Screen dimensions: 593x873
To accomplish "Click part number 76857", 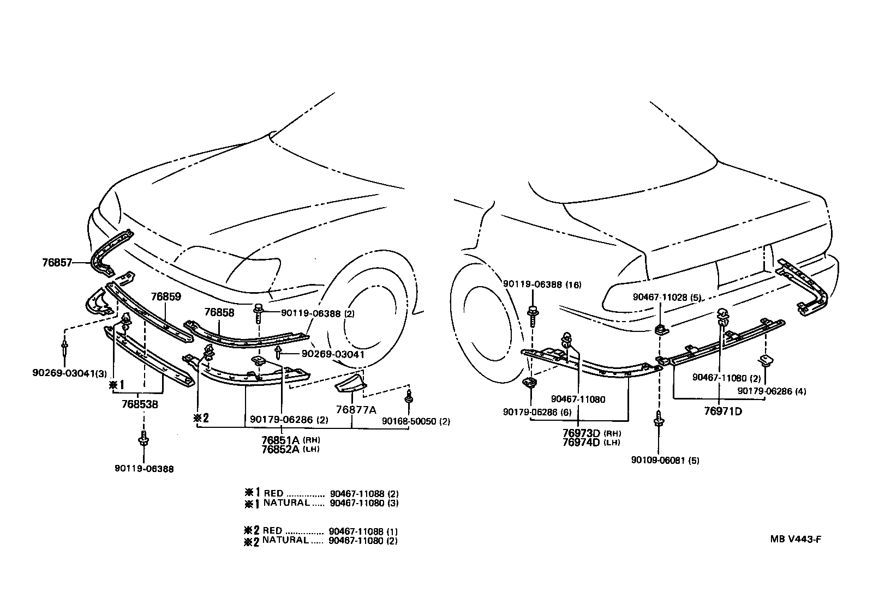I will (57, 262).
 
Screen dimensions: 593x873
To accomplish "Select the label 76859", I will (166, 296).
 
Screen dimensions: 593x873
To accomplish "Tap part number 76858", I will (219, 312).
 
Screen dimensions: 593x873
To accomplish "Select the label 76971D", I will (723, 411).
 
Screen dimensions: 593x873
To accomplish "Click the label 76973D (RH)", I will (591, 433).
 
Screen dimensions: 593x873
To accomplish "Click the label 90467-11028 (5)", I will (667, 297).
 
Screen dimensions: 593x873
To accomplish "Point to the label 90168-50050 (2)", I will (416, 421).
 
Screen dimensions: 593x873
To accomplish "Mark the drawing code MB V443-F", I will (796, 540).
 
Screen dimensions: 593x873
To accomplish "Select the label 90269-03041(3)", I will (69, 373).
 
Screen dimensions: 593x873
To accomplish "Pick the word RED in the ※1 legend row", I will (273, 493).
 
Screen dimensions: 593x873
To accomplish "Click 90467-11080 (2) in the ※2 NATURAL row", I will (363, 541).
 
